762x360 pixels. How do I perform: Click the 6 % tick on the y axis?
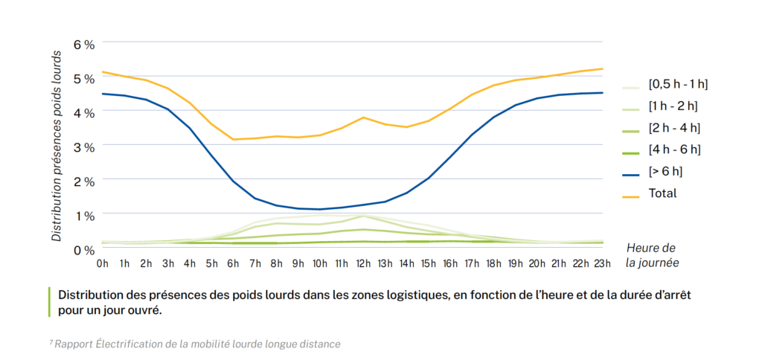tap(84, 45)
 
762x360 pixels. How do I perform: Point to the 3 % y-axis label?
tap(84, 147)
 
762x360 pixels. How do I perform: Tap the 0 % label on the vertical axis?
tap(84, 250)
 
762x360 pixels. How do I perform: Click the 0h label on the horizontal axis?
tap(102, 263)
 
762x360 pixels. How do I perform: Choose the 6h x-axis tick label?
tap(233, 263)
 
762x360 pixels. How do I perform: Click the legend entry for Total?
tap(662, 193)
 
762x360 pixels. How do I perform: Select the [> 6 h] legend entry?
tap(665, 171)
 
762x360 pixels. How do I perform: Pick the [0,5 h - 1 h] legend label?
tap(678, 84)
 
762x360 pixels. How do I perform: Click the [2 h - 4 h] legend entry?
tap(674, 128)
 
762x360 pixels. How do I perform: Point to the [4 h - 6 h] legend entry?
tap(674, 150)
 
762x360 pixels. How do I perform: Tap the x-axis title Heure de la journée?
tap(652, 255)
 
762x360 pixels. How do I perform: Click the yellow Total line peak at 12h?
tap(363, 118)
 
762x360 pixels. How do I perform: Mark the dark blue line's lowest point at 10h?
tap(320, 209)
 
